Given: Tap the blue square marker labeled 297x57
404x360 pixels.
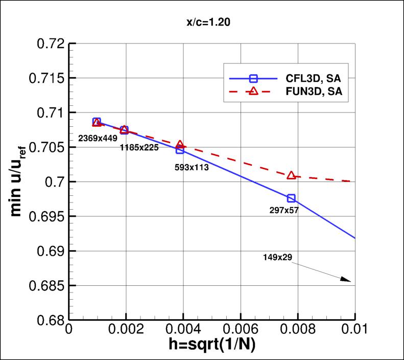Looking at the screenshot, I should click(x=291, y=198).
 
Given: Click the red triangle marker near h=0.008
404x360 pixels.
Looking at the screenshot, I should click(x=291, y=175).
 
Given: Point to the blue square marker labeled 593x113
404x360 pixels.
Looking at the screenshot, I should click(x=180, y=150).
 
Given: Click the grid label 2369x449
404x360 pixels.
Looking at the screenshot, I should click(x=98, y=138).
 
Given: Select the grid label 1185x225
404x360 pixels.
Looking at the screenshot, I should click(x=139, y=148).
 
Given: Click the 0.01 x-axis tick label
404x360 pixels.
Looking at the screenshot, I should click(x=355, y=330).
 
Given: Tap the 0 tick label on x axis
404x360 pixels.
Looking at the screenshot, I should click(x=69, y=330).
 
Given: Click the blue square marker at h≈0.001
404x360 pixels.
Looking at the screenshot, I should click(x=97, y=122).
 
